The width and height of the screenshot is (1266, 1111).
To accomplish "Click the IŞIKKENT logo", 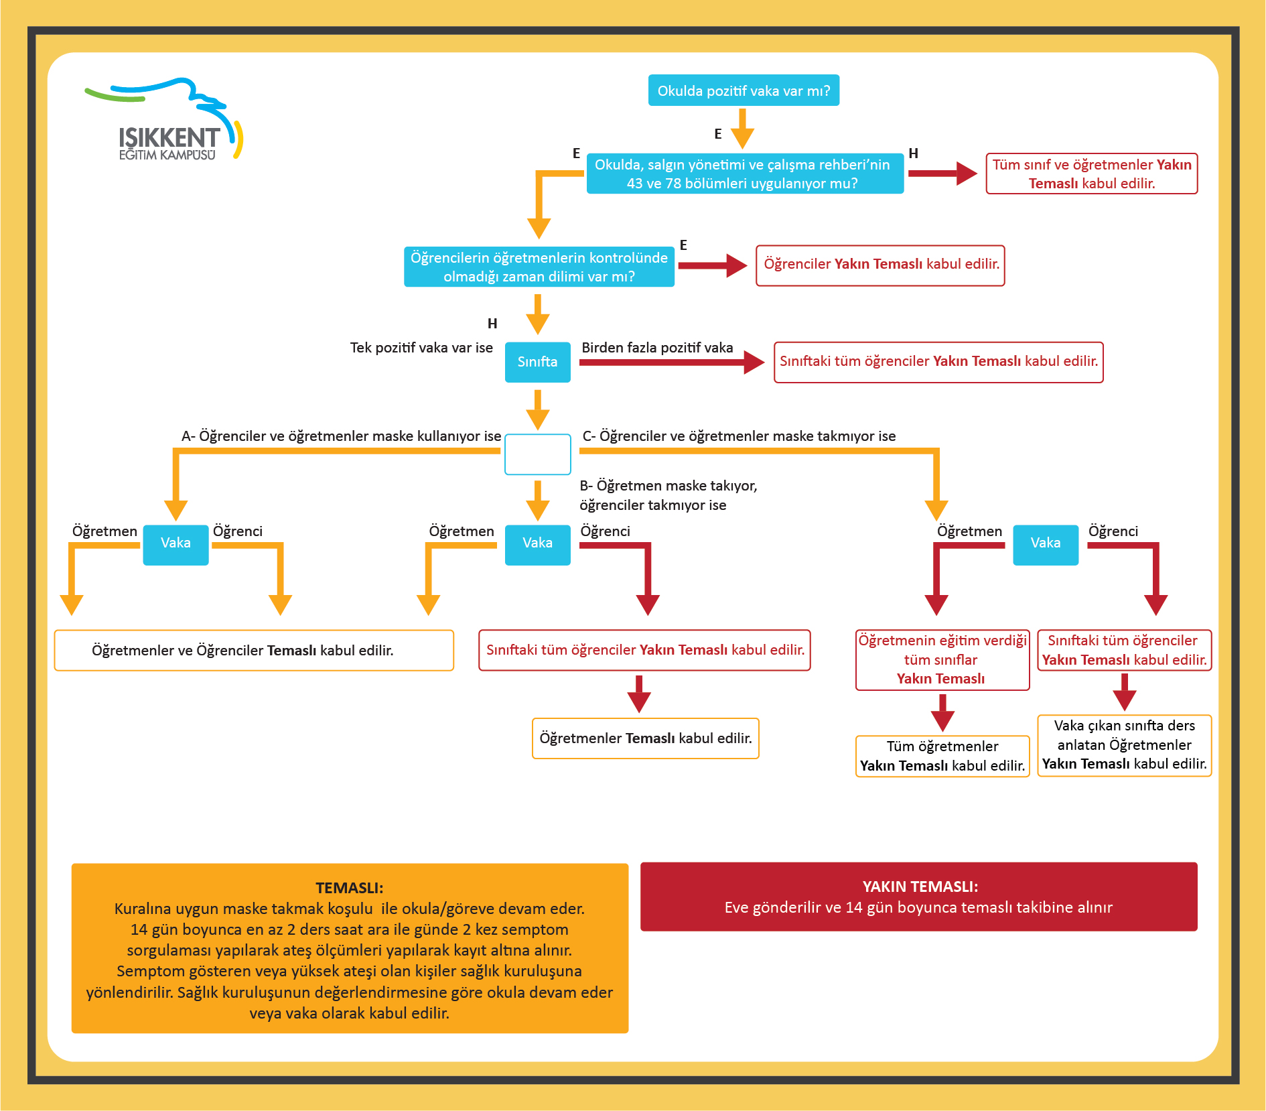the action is click(x=164, y=119).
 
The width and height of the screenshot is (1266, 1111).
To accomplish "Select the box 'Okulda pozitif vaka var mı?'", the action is click(x=744, y=90).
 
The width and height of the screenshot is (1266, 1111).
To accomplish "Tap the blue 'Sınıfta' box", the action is click(x=537, y=362).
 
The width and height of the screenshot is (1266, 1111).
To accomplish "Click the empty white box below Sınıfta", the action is click(x=537, y=454).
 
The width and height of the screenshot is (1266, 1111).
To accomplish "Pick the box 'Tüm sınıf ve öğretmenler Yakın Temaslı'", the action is click(x=1092, y=174).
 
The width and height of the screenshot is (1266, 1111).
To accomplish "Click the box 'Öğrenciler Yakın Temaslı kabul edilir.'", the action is click(x=880, y=265).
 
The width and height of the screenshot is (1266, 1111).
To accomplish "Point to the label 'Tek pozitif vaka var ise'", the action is click(x=421, y=348).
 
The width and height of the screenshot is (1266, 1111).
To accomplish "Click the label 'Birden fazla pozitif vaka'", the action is click(x=657, y=348).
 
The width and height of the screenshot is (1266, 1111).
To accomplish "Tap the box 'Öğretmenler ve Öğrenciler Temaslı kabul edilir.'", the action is click(x=254, y=650).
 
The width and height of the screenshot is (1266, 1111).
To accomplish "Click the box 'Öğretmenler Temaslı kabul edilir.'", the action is click(x=646, y=738).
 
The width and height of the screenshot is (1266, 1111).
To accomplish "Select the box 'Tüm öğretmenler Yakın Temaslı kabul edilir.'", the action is click(x=942, y=756).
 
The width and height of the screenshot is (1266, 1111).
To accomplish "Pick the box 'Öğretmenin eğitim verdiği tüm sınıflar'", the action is click(x=942, y=659).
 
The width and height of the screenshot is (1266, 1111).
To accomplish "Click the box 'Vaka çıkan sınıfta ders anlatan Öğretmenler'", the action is click(x=1125, y=745).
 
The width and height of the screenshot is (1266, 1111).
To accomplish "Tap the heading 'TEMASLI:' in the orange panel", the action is click(x=350, y=888).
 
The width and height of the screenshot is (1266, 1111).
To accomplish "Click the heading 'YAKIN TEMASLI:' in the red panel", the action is click(x=920, y=887).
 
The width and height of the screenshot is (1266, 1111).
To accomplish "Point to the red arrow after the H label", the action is click(x=943, y=174).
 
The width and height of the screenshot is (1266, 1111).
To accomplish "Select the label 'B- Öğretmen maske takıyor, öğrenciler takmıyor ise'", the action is click(x=669, y=495).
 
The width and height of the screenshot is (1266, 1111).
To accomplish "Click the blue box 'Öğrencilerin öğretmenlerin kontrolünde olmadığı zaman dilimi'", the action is click(x=539, y=267).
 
